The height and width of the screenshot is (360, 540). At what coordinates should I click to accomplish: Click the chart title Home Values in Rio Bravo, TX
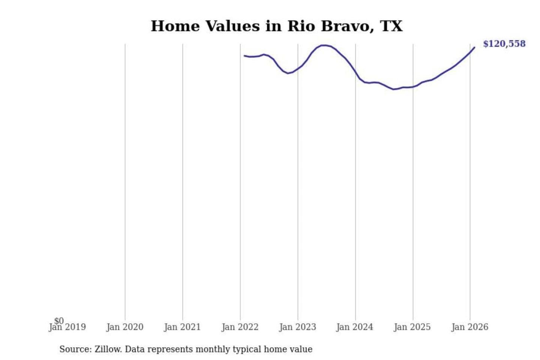click(x=277, y=26)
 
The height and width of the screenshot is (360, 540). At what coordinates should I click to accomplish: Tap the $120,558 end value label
click(x=504, y=44)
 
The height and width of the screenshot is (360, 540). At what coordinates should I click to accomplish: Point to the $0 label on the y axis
click(x=59, y=321)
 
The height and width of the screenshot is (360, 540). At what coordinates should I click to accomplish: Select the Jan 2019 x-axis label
click(x=67, y=327)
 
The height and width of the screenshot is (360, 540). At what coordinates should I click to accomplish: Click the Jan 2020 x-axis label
click(x=125, y=327)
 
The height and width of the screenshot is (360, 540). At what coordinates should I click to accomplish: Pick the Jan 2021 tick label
click(x=183, y=327)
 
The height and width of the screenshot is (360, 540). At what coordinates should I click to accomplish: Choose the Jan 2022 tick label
click(x=240, y=327)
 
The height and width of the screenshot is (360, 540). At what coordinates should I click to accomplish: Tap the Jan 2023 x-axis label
click(x=298, y=327)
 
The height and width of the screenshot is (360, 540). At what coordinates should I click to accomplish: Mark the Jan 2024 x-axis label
click(x=355, y=327)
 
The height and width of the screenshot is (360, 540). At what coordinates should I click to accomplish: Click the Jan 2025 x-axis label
click(x=412, y=327)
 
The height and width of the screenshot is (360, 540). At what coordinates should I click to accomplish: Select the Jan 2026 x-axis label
click(x=470, y=327)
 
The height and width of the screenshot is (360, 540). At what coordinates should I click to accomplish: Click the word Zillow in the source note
click(x=108, y=349)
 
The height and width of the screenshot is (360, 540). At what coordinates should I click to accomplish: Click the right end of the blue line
click(x=474, y=47)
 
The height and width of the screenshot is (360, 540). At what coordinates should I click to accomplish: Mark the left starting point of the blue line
click(x=244, y=56)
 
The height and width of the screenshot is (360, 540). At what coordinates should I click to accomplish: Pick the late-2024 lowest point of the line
click(x=393, y=89)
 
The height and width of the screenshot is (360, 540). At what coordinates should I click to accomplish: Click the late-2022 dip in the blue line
click(x=288, y=73)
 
